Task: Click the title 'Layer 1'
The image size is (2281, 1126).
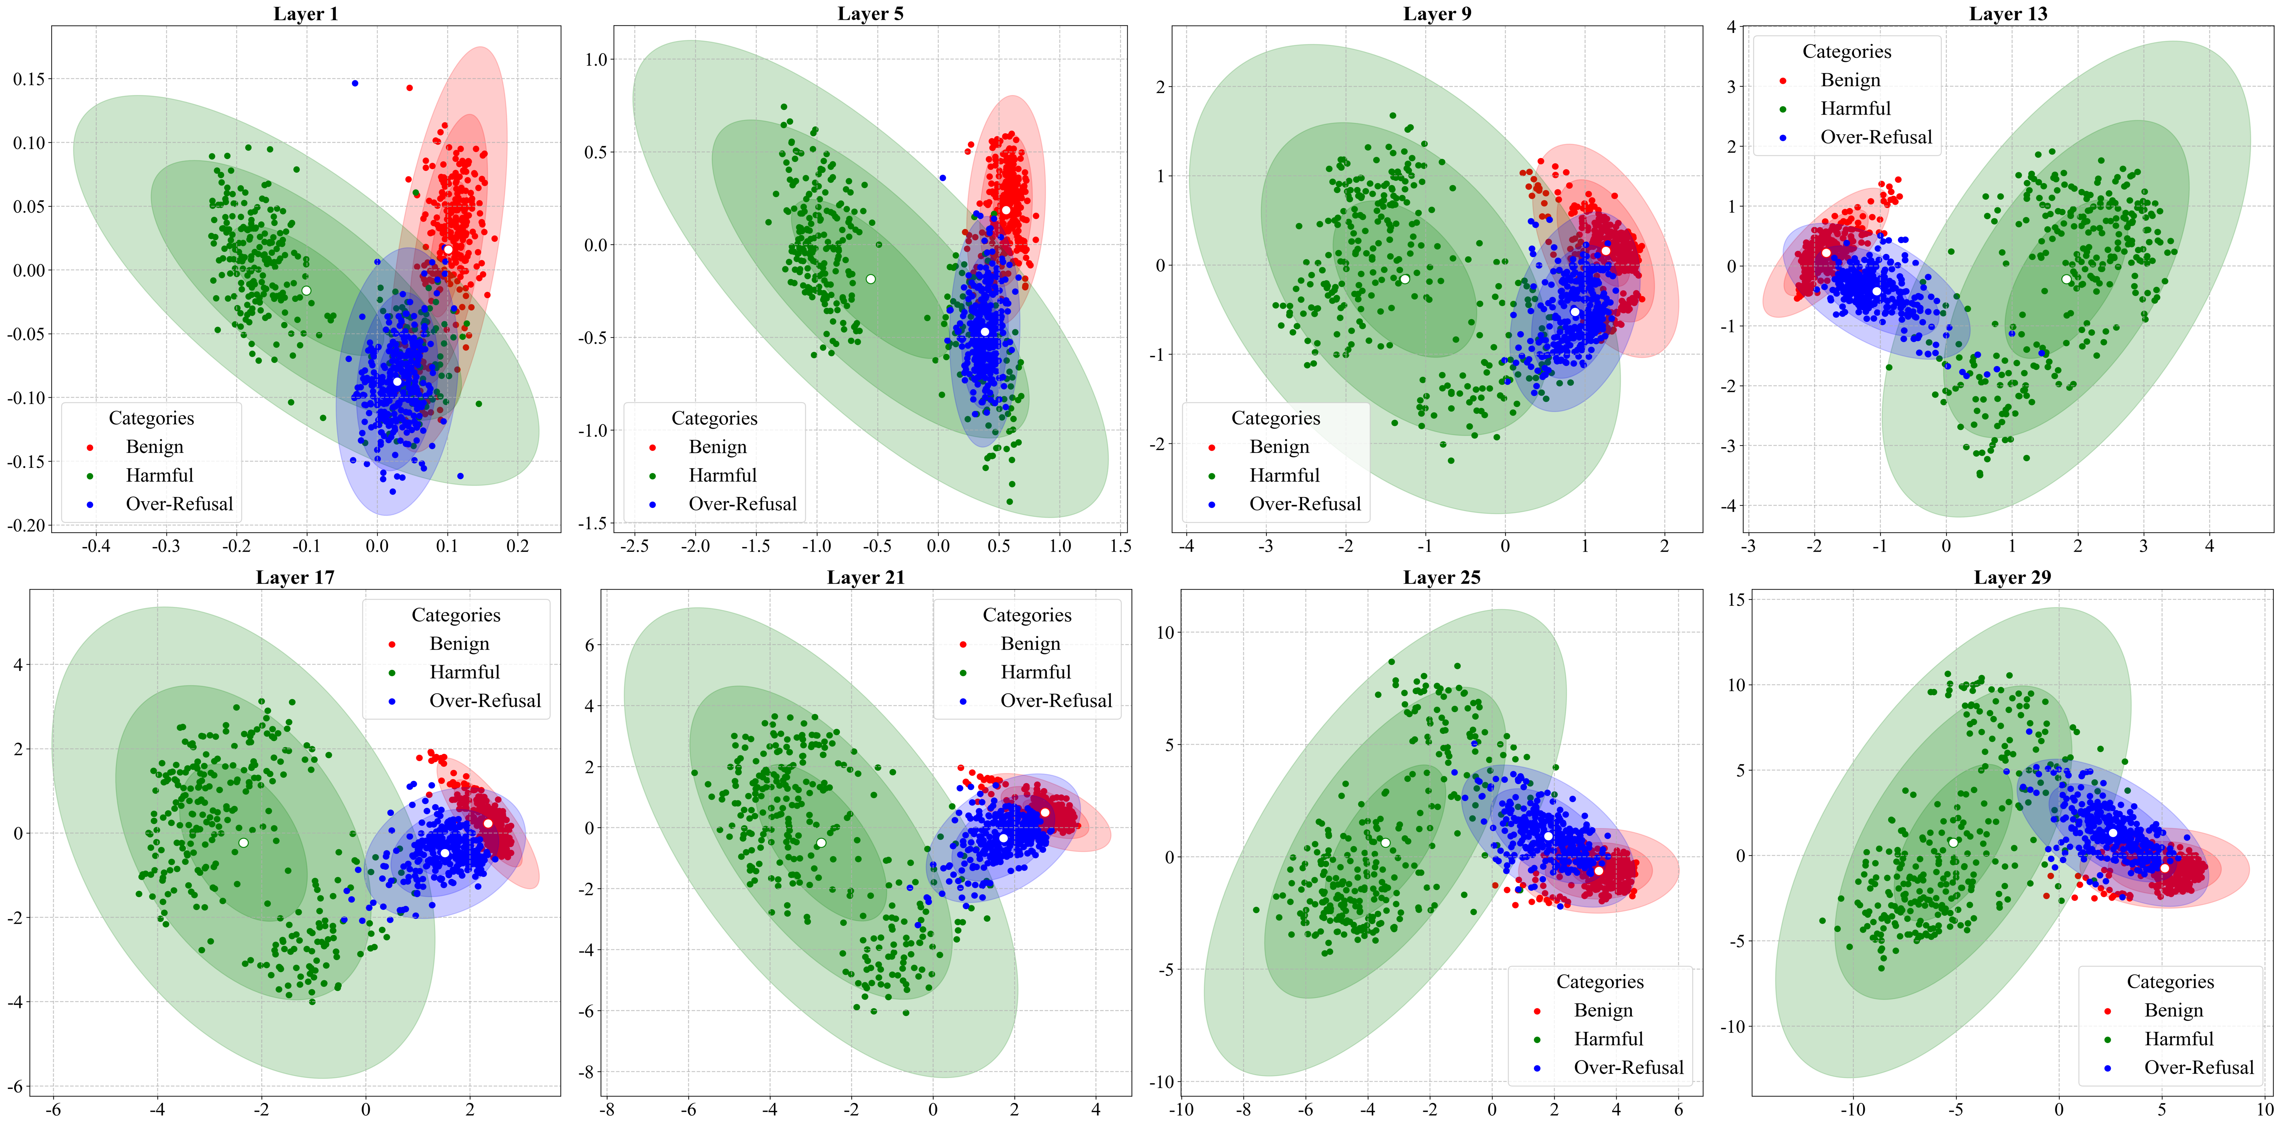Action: click(x=306, y=13)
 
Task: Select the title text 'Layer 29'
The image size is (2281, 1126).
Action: click(x=2012, y=578)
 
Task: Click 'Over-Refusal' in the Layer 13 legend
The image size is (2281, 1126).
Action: click(x=1875, y=137)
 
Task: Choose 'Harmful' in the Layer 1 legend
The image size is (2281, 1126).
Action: click(x=159, y=476)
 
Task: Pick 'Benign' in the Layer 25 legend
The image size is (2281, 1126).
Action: click(x=1603, y=1011)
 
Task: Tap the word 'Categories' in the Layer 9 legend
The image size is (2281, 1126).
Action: click(x=1275, y=418)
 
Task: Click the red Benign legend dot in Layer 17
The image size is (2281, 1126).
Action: click(x=392, y=644)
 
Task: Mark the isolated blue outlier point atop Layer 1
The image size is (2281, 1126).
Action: click(x=355, y=83)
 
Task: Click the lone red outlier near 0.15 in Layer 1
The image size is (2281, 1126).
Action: click(x=409, y=88)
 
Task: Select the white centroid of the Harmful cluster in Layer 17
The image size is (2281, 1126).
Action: click(x=243, y=842)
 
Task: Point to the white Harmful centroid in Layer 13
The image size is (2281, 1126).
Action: click(x=2066, y=279)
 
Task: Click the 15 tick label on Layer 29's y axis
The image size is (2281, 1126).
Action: click(x=1735, y=600)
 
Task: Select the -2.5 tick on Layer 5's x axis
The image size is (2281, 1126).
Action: click(x=634, y=546)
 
